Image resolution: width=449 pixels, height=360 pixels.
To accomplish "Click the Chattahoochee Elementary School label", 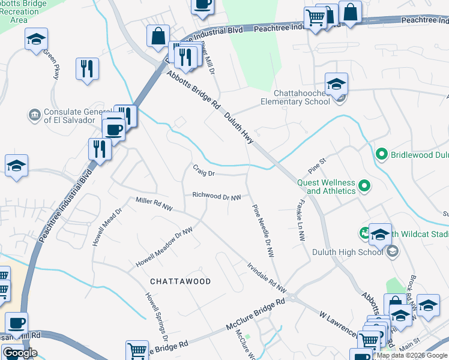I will (x=303, y=97).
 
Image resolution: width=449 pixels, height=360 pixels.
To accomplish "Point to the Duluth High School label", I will (x=347, y=252).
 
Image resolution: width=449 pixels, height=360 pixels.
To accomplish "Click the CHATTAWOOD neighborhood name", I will (x=180, y=281).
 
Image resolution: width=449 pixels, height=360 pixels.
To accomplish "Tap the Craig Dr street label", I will (x=203, y=171).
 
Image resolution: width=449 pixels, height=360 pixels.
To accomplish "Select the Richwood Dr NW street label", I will (x=217, y=196).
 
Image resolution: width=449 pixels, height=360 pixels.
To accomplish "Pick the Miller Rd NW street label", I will (x=154, y=203).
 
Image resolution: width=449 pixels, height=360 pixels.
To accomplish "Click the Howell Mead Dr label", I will (x=99, y=228).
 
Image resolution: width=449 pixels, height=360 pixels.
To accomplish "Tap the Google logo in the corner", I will (x=20, y=353).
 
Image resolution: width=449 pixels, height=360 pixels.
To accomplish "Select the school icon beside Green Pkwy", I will (x=36, y=40).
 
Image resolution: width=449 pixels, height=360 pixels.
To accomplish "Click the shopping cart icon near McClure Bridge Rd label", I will (x=137, y=350).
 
